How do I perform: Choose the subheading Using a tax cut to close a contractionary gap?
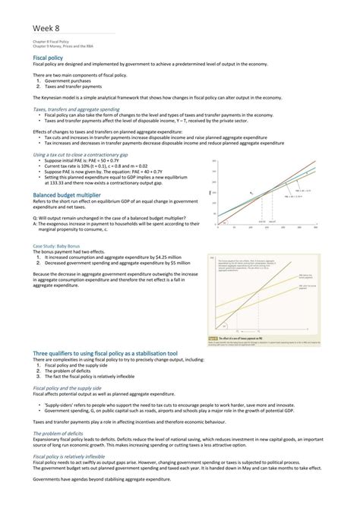pos(80,154)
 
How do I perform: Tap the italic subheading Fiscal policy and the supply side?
pos(76,387)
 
